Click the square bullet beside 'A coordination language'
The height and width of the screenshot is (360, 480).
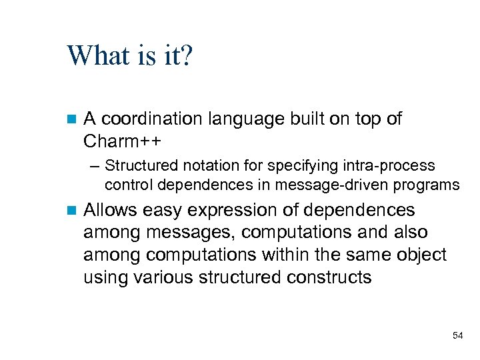coord(73,120)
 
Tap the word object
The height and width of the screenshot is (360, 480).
coord(421,255)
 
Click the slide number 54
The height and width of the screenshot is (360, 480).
coord(457,335)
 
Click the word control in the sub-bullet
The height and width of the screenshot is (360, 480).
coord(126,184)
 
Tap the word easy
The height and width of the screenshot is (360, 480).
coord(160,211)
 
